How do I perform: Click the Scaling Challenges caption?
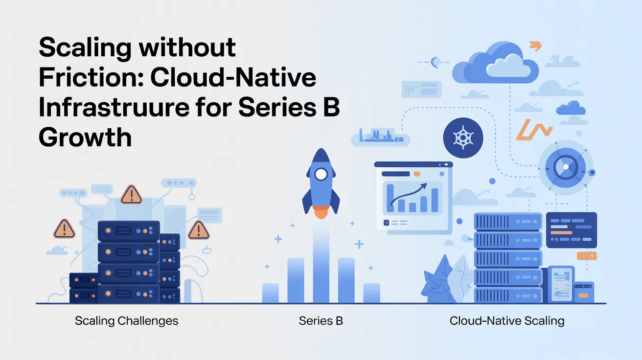point(126,321)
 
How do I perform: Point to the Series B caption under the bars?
point(321,321)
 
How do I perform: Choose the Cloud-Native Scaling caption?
point(507,321)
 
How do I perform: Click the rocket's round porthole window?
point(321,174)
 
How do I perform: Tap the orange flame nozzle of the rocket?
point(321,212)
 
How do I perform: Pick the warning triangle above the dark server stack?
point(131,194)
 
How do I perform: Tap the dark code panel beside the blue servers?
point(571,229)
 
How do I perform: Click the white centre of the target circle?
point(565,167)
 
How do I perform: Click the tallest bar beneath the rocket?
point(321,267)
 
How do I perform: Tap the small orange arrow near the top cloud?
point(536,46)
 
